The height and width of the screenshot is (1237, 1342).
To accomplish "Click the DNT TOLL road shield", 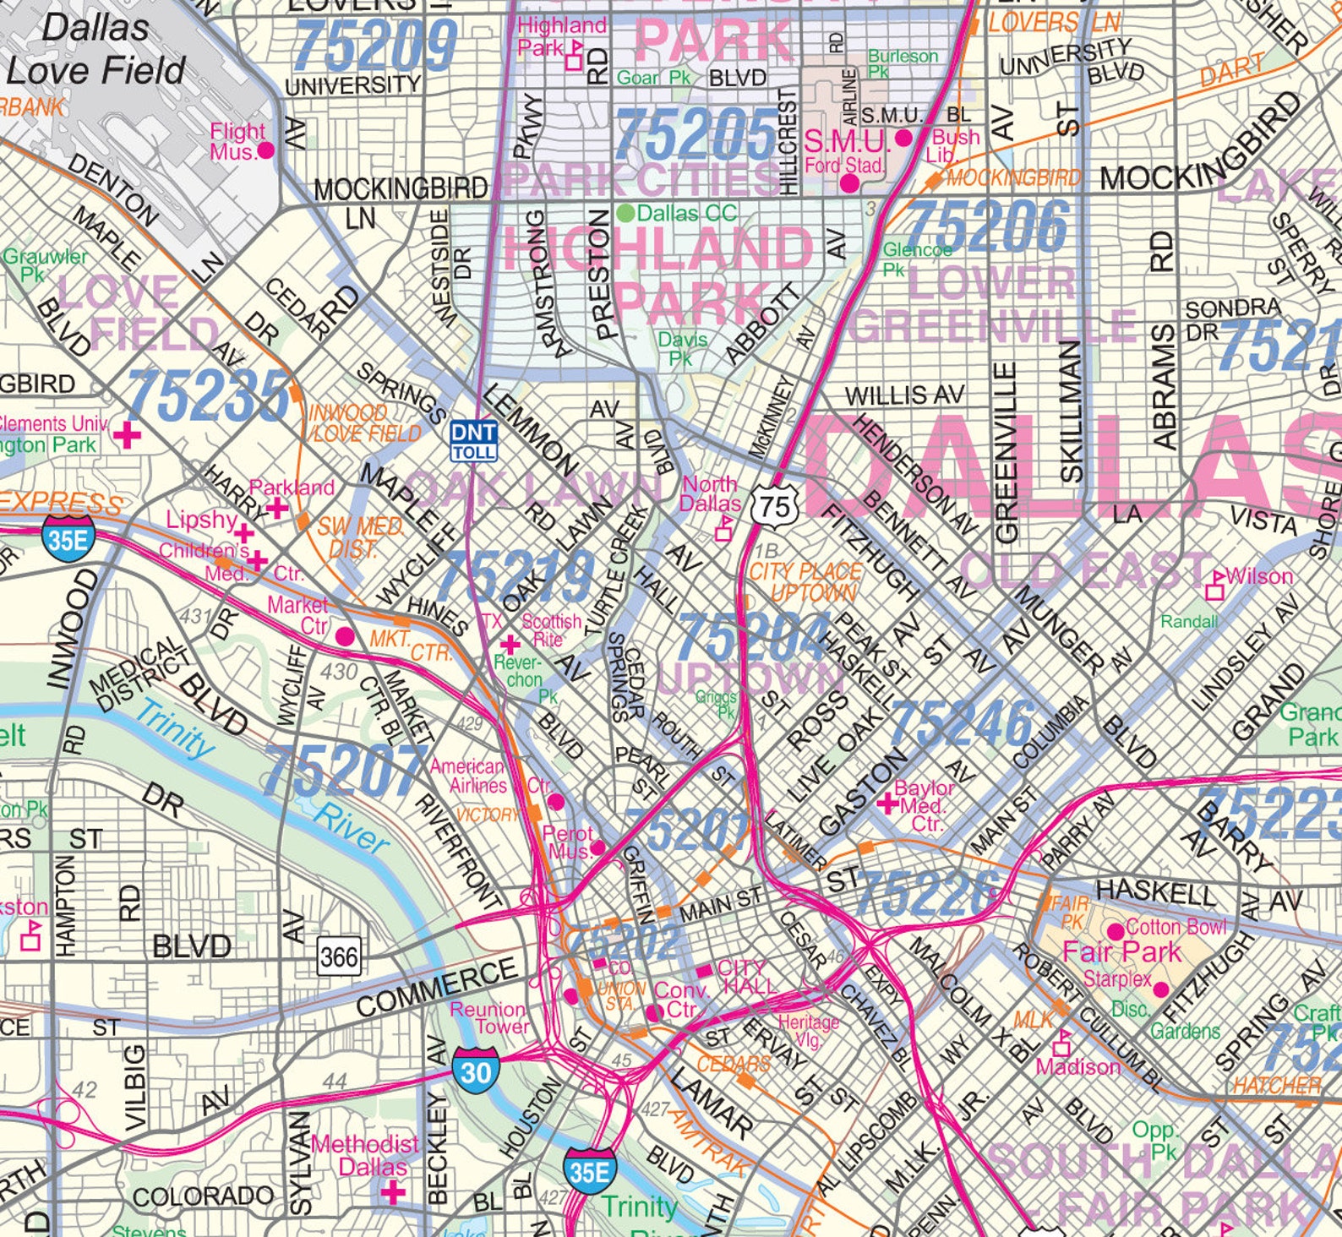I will coord(473,440).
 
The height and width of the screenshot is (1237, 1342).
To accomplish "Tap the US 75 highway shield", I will coord(774,505).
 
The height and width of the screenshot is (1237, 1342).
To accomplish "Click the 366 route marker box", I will coord(339,956).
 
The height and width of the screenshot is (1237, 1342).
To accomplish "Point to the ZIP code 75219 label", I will coord(517,576).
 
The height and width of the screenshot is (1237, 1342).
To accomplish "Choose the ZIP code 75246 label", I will coord(961,725).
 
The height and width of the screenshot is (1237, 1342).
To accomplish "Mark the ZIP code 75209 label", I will coord(376,45).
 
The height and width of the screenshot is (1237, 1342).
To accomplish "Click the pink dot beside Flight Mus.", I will coord(265,150).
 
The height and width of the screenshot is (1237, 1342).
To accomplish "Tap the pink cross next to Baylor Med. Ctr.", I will coord(886,803).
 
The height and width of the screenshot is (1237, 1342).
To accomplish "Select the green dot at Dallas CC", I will coord(625,212).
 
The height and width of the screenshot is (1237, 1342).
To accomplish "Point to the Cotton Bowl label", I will coord(1176,927).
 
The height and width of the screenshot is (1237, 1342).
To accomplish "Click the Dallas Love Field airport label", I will coord(95,49).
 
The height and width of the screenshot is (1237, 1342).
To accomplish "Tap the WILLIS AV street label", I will coord(904,395).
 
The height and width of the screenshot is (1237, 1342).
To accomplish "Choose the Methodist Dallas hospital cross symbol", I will coord(393,1192).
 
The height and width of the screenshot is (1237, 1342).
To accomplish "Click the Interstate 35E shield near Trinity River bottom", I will coord(589,1172).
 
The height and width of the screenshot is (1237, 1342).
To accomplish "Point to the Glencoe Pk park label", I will coord(917,259).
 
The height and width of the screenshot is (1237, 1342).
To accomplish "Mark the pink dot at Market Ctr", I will coord(345,636).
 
